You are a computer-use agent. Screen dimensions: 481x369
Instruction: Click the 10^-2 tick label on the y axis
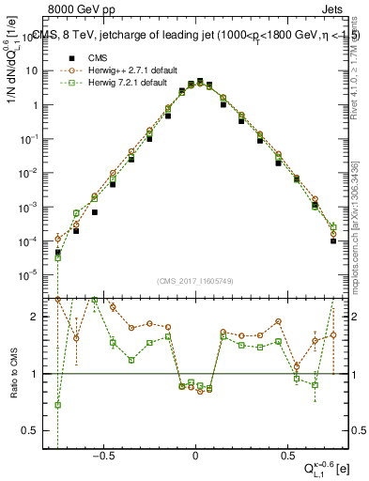[35, 173]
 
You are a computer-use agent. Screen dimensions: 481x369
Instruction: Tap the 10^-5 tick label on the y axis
[35, 275]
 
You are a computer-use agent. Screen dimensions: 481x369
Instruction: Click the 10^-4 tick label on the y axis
[35, 241]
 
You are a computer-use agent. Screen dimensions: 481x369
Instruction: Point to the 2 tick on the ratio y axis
[41, 317]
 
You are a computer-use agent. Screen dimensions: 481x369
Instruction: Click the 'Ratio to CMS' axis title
[13, 372]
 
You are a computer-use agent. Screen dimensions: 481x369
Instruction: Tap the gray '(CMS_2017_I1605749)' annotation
[195, 281]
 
